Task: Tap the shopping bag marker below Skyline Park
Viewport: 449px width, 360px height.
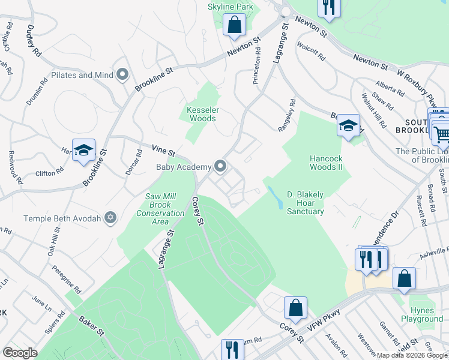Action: [x=234, y=26]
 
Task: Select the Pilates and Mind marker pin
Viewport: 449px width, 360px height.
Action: [x=123, y=75]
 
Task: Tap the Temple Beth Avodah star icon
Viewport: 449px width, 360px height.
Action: [x=110, y=218]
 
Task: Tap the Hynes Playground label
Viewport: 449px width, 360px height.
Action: [x=426, y=314]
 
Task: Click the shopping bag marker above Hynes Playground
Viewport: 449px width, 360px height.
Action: [x=404, y=279]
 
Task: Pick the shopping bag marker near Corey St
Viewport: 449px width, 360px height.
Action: [x=295, y=308]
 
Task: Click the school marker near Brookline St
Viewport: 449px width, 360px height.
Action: [x=84, y=151]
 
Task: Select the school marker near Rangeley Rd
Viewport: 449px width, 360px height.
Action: [x=348, y=126]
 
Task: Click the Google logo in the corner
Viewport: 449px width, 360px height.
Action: [x=20, y=353]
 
